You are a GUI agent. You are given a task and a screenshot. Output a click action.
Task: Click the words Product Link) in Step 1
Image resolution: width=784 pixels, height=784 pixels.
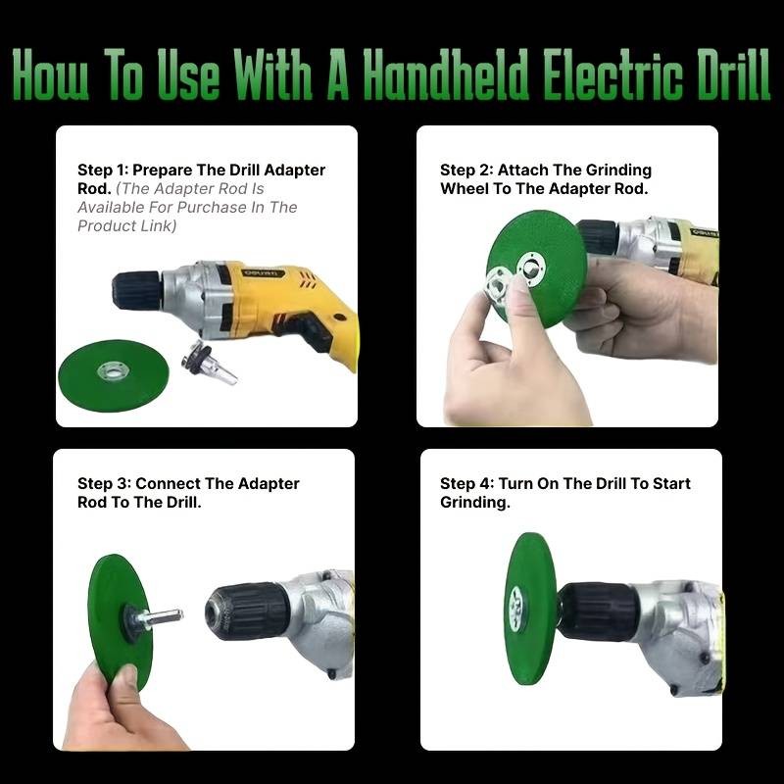[x=127, y=226]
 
